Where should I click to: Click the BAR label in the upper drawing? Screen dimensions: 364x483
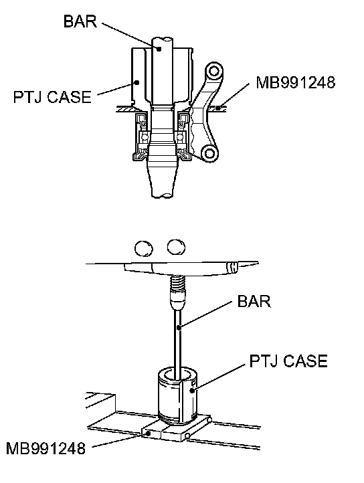80,21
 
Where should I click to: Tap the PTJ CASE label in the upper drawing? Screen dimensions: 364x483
52,97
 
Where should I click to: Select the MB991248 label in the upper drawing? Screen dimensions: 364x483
296,82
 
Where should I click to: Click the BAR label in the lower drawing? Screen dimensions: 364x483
254,301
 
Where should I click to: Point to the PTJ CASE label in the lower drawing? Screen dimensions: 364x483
288,361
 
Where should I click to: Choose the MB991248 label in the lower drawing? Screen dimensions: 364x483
45,448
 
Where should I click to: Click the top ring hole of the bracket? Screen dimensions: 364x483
213,72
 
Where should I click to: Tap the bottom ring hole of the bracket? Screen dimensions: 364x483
209,153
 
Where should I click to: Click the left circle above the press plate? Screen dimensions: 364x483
144,248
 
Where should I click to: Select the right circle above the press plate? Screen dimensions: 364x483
176,247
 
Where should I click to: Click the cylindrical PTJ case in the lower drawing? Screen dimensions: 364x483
177,395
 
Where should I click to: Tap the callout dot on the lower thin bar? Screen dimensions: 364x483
179,328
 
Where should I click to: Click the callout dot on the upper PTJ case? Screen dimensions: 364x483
137,82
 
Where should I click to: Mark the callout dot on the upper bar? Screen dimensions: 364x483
159,49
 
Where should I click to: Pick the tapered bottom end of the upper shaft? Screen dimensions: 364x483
162,182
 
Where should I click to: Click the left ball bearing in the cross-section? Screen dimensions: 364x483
143,136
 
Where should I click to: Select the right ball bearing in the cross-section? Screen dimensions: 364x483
181,136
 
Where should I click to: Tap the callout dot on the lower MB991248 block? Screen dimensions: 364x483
149,433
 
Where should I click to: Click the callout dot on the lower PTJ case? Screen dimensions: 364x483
192,391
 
